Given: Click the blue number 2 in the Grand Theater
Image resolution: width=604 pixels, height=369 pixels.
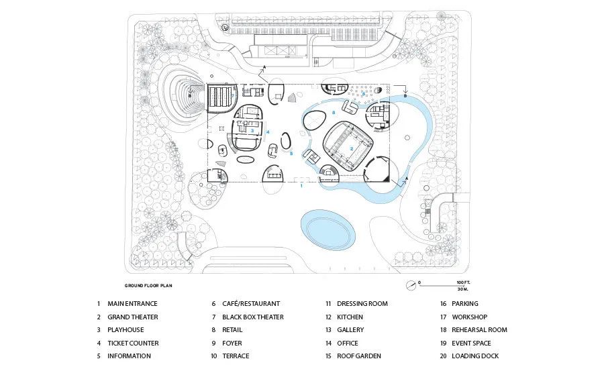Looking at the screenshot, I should [351, 148].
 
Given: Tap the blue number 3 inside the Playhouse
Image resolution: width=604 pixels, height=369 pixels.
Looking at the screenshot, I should [252, 130].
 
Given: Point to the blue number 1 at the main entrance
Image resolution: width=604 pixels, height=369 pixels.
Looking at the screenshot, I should [301, 186].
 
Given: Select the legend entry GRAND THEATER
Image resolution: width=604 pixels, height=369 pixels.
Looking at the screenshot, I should [133, 317].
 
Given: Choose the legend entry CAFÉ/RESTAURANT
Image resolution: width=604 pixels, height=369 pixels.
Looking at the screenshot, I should [251, 304].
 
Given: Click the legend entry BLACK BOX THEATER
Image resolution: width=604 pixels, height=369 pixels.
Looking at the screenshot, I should [253, 317].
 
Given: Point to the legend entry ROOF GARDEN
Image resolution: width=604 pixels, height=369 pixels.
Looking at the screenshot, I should [359, 356].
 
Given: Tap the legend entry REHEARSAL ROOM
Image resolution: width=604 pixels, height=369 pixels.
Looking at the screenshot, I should [479, 330].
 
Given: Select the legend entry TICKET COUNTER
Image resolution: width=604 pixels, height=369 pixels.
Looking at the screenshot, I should [133, 343].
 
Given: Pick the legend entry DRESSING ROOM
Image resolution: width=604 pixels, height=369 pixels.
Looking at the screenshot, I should [362, 304].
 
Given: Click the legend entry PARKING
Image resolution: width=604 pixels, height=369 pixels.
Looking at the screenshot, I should [465, 304].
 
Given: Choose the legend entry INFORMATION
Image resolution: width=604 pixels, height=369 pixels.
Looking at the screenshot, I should [130, 356].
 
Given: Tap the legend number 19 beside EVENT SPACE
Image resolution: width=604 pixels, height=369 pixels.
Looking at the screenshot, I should [444, 343].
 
